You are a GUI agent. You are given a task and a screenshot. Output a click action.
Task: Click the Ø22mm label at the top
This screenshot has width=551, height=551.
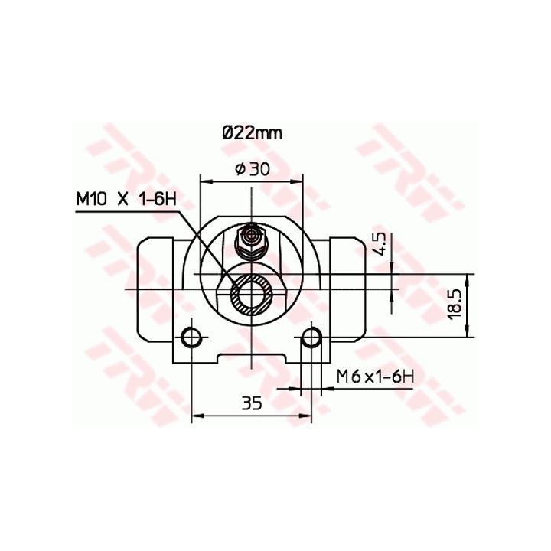point(252,133)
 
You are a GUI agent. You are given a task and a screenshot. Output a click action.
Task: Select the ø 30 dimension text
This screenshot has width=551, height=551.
point(253,169)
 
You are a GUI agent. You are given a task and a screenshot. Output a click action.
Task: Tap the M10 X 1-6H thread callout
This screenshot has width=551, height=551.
point(126,199)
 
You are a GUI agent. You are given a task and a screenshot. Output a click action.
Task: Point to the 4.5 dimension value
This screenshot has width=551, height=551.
point(380,244)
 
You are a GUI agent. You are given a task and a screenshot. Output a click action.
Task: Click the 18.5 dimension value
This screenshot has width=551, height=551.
point(455,305)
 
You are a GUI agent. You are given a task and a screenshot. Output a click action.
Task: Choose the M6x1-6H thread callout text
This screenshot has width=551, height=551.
point(375,377)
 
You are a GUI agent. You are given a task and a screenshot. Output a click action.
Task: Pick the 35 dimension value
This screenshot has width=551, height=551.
point(252,403)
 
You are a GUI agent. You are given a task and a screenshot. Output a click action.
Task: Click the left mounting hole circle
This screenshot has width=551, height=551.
point(191,337)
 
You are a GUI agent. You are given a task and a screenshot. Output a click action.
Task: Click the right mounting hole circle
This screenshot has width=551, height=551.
point(311,337)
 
